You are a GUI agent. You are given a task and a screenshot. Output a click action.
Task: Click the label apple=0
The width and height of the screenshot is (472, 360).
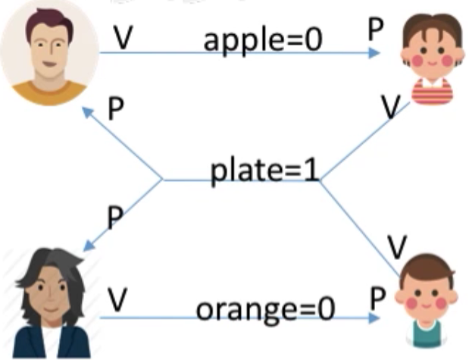pos(263,41)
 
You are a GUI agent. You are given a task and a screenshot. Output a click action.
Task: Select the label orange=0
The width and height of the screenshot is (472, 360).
pos(265,310)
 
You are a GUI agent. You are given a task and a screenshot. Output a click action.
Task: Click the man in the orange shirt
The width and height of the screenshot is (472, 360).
pos(50,53)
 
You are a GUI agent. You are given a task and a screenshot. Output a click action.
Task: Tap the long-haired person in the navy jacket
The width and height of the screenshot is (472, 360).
pos(51,303)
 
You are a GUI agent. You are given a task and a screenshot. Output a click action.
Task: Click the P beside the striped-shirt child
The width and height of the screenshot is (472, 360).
pos(376,29)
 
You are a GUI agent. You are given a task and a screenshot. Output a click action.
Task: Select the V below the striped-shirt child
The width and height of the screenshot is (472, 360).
pos(391,107)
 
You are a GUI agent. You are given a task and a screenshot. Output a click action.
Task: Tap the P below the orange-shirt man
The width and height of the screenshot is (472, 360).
pos(116,108)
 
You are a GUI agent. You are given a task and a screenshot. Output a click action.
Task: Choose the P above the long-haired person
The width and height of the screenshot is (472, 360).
pos(115,218)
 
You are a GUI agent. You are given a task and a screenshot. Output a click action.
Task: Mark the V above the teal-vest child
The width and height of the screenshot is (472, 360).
pos(397,247)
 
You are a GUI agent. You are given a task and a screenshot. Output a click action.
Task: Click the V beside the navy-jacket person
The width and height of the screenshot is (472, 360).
pos(117,299)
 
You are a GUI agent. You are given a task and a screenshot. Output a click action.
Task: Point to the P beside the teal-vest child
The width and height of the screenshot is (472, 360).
pos(378,299)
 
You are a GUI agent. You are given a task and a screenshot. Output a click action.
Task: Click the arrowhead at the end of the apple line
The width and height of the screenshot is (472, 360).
pos(374,53)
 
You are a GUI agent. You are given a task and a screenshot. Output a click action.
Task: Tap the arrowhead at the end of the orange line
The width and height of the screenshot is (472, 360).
pos(374,318)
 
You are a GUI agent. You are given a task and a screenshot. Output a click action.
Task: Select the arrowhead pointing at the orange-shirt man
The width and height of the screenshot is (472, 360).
pos(88,113)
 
